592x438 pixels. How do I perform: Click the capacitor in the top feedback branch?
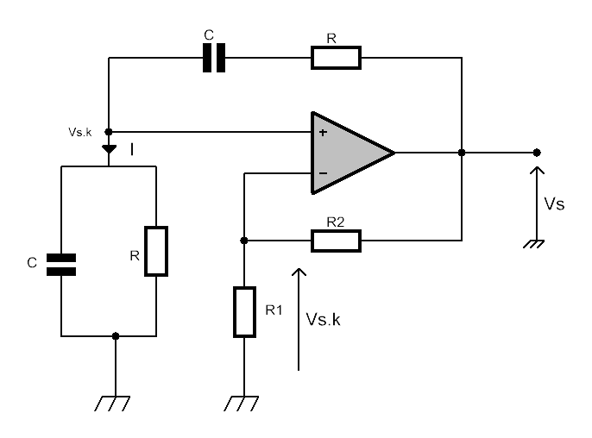point(214,58)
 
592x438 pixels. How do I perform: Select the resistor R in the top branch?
point(336,58)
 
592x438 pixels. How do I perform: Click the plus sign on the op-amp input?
point(323,133)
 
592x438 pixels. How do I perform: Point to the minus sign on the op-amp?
point(323,173)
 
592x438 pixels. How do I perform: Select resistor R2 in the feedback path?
point(336,241)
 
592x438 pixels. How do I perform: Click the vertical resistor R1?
point(245,311)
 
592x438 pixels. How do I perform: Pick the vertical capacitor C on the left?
point(61,265)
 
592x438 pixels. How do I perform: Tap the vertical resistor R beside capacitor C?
point(156,251)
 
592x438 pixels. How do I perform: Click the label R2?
point(336,222)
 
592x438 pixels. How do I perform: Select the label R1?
point(274,310)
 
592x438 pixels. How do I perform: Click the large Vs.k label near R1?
point(323,319)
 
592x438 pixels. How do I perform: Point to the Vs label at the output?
point(554,204)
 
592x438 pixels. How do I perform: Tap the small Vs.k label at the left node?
point(79,132)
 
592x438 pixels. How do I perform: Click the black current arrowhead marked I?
point(109,149)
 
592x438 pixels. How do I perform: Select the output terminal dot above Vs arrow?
point(537,153)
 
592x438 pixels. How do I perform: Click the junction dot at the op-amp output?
point(462,153)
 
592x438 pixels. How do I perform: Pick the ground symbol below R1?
point(242,404)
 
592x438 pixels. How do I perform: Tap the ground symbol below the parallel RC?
point(112,404)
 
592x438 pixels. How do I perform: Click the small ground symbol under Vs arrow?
point(534,244)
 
